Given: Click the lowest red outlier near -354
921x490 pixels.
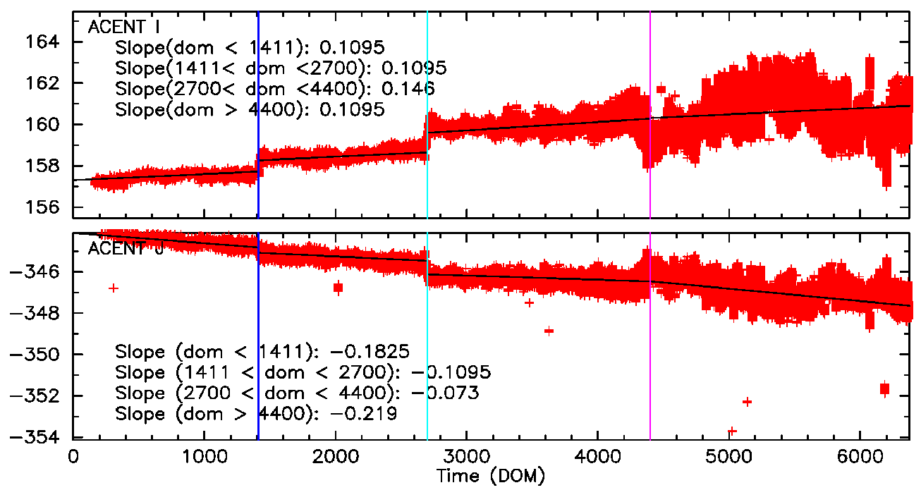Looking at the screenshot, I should coord(732,431).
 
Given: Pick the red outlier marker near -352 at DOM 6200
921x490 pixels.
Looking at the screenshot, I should coord(884,388).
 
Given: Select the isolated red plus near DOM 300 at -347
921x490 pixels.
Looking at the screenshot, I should coord(113,288).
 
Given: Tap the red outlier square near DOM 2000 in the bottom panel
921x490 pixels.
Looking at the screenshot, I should coord(338,287).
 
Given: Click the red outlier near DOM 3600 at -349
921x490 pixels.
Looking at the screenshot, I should coord(549,330).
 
